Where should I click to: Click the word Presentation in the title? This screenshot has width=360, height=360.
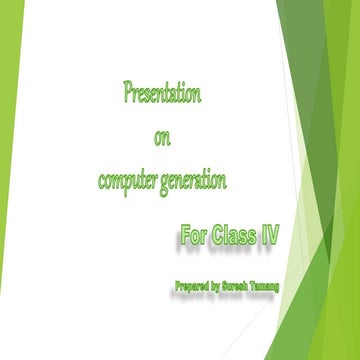coord(162,96)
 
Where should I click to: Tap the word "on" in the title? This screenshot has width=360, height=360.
coord(163,138)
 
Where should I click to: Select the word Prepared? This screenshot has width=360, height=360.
coord(192,288)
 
